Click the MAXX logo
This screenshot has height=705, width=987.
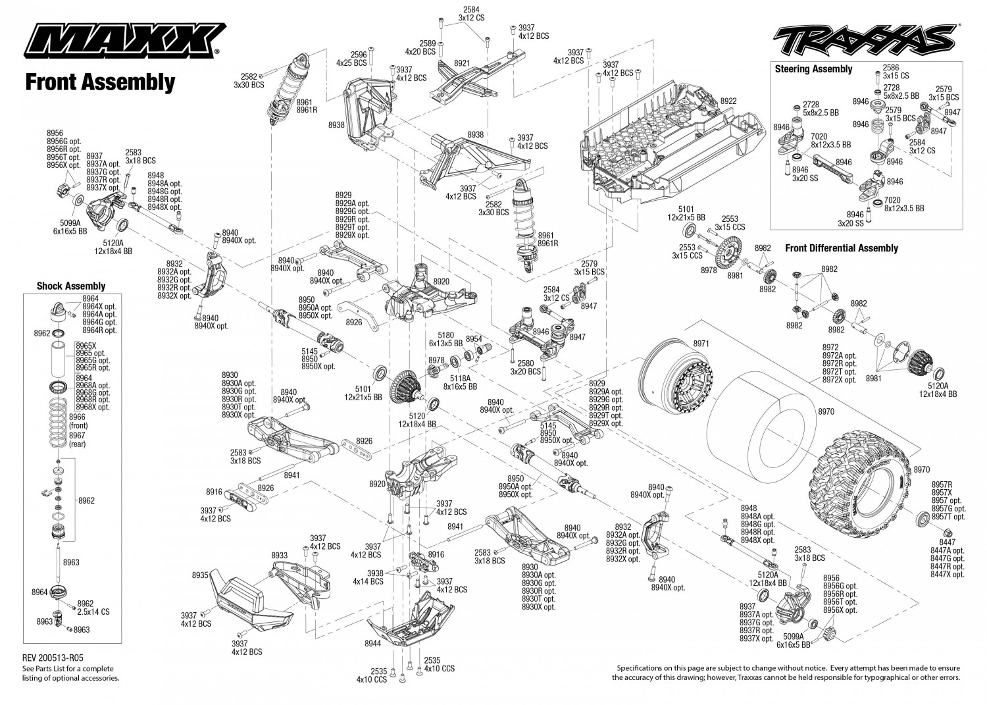pos(125,40)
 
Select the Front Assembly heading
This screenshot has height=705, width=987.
pos(101,82)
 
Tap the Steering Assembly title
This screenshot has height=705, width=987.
pos(813,69)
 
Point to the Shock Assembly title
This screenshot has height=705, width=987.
pos(71,286)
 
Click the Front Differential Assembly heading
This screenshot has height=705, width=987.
pos(841,248)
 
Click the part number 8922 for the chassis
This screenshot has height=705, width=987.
pos(728,101)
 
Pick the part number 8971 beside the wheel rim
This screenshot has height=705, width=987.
pos(701,344)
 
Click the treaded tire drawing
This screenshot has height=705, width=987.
pos(857,483)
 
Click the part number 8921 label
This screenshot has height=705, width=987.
pos(461,63)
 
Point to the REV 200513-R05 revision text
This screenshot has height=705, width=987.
pos(53,658)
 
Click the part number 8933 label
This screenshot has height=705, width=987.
pos(280,555)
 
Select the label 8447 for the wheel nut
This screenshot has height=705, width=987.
pos(948,542)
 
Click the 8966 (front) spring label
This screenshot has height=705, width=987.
pos(78,421)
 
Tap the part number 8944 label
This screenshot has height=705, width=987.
pos(373,643)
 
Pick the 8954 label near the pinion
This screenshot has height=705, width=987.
pos(474,338)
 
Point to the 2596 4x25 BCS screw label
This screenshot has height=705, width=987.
pos(351,59)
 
